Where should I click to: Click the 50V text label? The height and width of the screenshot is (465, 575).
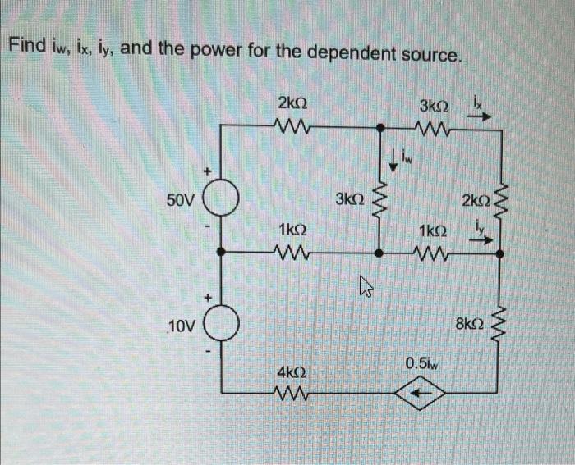[x=178, y=200]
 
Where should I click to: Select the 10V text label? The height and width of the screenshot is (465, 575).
[x=181, y=328]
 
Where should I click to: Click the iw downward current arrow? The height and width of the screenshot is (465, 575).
[x=395, y=160]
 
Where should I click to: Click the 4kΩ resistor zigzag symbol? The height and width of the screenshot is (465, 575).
[x=292, y=392]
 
